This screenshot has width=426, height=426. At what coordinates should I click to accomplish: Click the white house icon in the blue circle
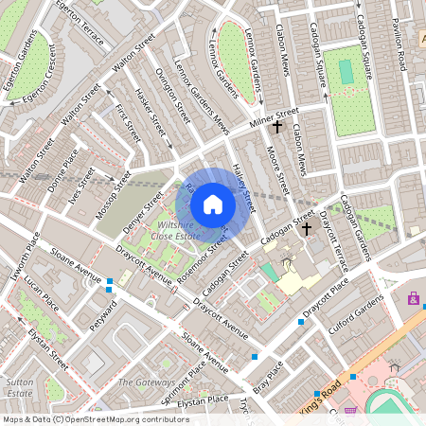[213, 204]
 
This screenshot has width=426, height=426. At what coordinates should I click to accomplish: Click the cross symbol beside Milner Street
[277, 125]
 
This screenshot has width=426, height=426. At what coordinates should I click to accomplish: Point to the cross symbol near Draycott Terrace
[307, 228]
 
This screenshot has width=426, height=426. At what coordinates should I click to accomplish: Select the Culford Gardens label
[359, 312]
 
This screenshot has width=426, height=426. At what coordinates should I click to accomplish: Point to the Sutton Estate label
[21, 385]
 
